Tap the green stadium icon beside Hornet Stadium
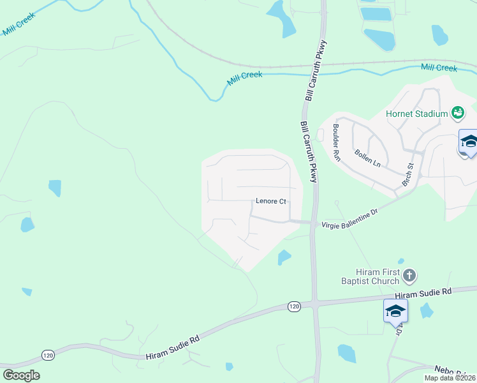(x=457, y=114)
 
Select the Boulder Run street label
(x=336, y=142)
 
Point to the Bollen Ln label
(x=367, y=159)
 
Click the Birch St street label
(x=407, y=174)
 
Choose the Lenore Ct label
(x=270, y=201)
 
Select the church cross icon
(x=409, y=276)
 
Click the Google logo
(x=21, y=375)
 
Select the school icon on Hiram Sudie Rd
(x=395, y=311)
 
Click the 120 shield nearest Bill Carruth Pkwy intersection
(x=293, y=306)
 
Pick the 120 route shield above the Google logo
(x=48, y=354)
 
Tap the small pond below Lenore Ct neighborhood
(x=284, y=257)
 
